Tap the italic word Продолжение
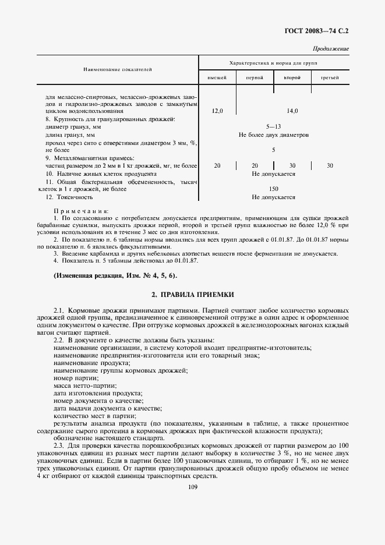331,49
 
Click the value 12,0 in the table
217,111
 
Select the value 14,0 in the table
292,111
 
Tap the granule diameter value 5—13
274,126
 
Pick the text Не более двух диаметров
274,135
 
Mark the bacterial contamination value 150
274,189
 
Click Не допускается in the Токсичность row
274,197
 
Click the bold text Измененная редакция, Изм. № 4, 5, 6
115,275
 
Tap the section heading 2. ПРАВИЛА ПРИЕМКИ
193,295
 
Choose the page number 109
193,487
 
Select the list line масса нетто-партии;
84,385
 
